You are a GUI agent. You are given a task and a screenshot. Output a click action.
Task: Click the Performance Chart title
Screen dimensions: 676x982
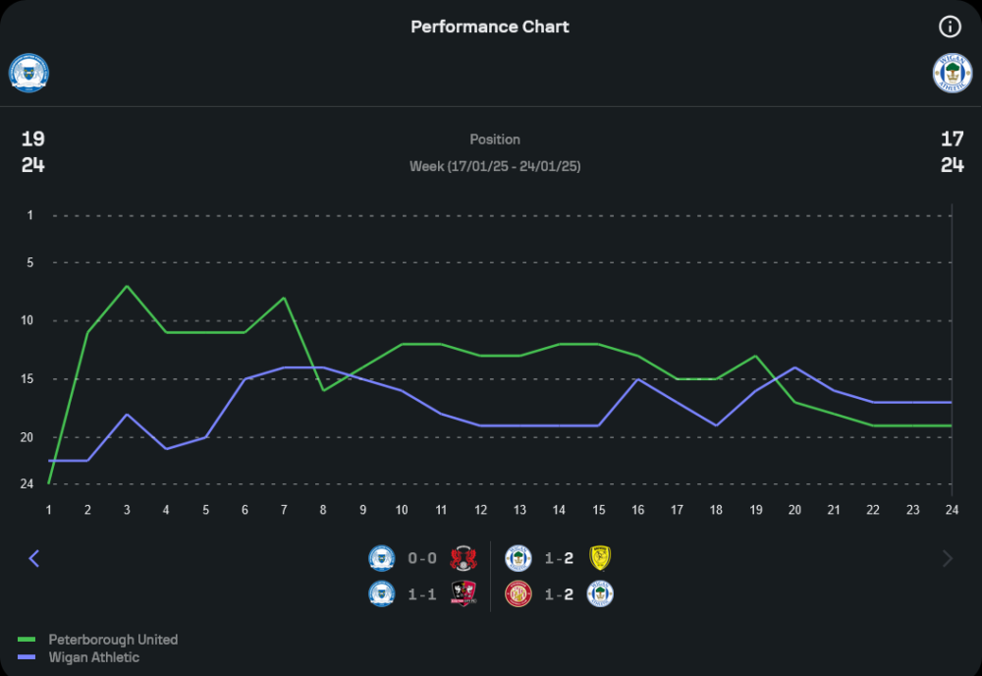(490, 27)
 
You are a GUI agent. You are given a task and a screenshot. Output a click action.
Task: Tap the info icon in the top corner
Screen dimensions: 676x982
(950, 27)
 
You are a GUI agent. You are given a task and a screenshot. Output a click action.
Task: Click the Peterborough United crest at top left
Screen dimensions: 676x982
(28, 73)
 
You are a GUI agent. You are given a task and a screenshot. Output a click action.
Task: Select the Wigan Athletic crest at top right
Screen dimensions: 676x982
(952, 73)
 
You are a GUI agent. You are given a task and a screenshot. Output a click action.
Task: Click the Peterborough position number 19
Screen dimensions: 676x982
(33, 139)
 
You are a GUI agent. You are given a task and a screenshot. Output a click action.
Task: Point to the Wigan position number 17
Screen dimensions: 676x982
(952, 139)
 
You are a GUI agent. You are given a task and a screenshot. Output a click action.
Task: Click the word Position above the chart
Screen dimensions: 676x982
(495, 140)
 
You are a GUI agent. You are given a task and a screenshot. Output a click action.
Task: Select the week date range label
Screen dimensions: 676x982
(495, 166)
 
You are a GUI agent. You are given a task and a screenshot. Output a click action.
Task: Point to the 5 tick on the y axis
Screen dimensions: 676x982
(29, 262)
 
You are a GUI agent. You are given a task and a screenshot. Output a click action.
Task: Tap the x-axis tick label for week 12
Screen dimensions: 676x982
(480, 509)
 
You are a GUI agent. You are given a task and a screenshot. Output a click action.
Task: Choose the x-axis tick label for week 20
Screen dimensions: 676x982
(794, 509)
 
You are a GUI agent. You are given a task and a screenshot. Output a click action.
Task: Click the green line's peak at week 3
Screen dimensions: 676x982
(127, 286)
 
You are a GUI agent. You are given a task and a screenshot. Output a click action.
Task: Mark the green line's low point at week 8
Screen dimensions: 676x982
(323, 390)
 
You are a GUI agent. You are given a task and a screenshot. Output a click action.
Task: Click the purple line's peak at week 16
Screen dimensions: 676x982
(637, 379)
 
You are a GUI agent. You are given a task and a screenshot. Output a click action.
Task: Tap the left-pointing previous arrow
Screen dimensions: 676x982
(34, 558)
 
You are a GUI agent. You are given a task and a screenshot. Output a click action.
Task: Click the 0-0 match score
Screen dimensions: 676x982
(422, 559)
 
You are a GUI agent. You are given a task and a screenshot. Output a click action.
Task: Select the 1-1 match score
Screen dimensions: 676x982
(422, 594)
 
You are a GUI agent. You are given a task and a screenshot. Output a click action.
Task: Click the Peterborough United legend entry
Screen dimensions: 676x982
(113, 640)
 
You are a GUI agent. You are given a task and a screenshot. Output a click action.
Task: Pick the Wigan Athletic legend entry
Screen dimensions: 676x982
(93, 657)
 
